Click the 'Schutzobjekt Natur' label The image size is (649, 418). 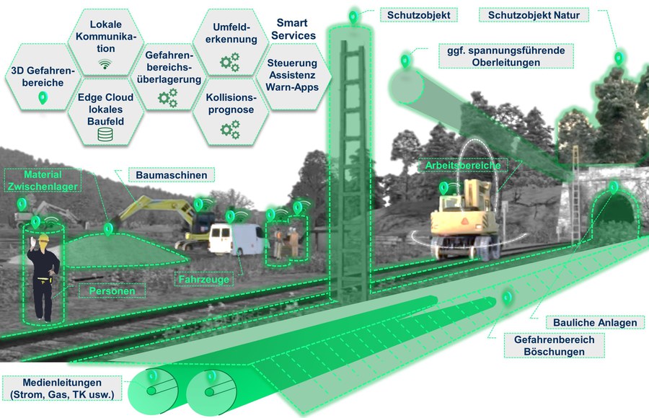534,15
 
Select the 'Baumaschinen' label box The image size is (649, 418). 172,175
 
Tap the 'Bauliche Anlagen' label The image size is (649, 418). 595,322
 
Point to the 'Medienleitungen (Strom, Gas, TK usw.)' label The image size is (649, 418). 62,388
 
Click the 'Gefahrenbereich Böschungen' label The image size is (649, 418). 555,346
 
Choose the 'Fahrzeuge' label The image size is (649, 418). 203,280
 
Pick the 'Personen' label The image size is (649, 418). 112,291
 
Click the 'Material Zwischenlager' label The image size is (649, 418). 43,180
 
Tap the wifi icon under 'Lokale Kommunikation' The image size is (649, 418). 105,63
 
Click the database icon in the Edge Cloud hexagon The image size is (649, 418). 105,134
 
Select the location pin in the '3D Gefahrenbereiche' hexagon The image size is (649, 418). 43,98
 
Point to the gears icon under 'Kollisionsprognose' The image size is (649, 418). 230,130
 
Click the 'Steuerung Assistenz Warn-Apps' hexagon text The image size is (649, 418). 292,75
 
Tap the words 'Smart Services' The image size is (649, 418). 293,29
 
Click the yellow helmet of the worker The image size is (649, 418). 43,238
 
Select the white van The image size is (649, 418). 236,239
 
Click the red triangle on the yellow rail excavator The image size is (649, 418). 465,221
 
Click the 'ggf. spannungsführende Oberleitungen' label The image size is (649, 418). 505,56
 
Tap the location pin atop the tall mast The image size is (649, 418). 353,17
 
